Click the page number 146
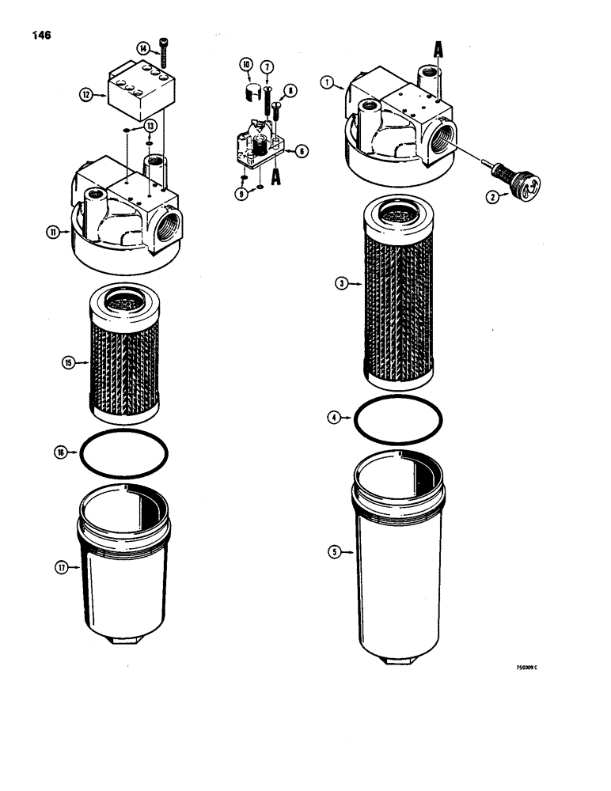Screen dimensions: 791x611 [41, 36]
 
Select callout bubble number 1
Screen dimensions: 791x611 [326, 81]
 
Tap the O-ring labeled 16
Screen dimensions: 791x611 [124, 453]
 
